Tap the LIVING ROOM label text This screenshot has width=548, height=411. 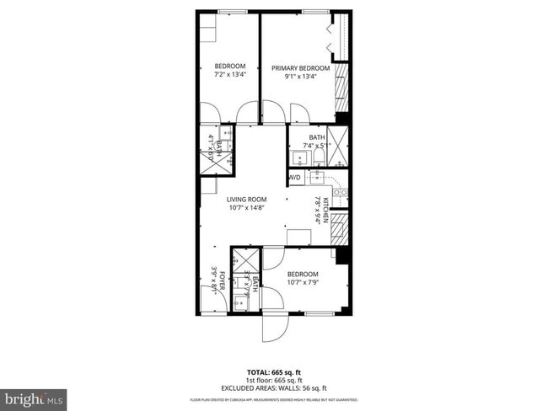coord(246,199)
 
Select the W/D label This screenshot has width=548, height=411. coord(295,179)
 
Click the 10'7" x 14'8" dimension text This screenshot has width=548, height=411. coord(246,208)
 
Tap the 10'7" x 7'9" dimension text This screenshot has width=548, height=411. coord(302,284)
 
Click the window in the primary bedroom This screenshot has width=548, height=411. coord(315,12)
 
